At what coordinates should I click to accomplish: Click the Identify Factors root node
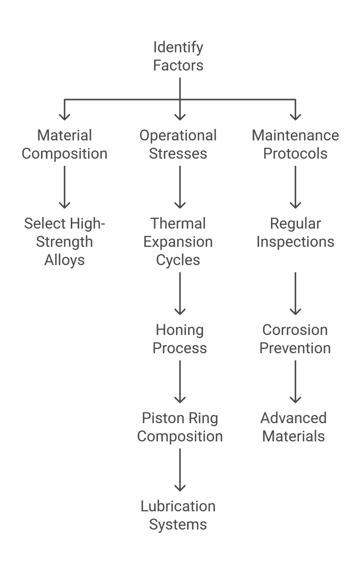(179, 56)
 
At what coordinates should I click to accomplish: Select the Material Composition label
(65, 144)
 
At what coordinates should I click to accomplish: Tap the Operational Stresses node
(179, 144)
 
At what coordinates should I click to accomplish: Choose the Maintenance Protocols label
(295, 144)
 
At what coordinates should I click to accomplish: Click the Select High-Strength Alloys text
(65, 242)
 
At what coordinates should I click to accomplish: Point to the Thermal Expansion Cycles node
(179, 242)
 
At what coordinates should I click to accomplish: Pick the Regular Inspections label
(295, 233)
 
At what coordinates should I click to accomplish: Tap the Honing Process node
(180, 339)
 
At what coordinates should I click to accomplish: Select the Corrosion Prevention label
(295, 339)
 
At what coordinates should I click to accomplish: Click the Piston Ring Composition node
(180, 427)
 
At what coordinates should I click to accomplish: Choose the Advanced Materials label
(293, 427)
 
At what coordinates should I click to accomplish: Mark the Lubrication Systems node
(179, 515)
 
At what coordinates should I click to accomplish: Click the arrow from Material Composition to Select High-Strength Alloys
(65, 187)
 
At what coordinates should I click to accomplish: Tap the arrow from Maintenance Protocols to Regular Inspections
(295, 187)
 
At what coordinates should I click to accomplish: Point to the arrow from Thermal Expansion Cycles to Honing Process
(180, 293)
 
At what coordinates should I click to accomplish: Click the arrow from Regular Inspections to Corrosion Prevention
(295, 293)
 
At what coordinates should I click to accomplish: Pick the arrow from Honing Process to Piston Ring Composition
(180, 381)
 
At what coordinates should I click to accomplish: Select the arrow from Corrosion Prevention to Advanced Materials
(295, 381)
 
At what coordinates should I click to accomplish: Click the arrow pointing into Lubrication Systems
(180, 469)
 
